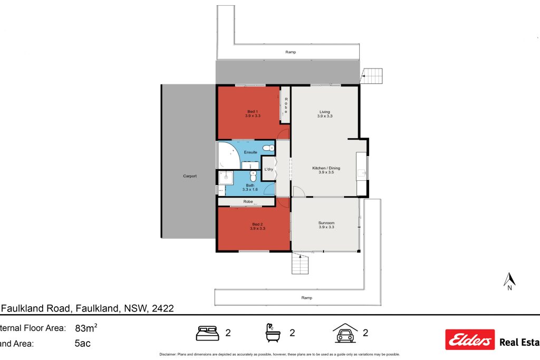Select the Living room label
pos(324,113)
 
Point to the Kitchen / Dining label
pos(329,170)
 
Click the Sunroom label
pos(326,225)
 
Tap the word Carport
pos(190,176)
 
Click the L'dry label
pos(268,169)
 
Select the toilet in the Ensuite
pos(270,148)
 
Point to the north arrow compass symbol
pos(509,280)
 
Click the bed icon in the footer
pos(207,333)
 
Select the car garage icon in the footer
pos(345,333)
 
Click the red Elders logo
pos(470,340)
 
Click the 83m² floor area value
pos(86,328)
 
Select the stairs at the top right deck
pos(373,76)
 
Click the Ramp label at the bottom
pos(306,298)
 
